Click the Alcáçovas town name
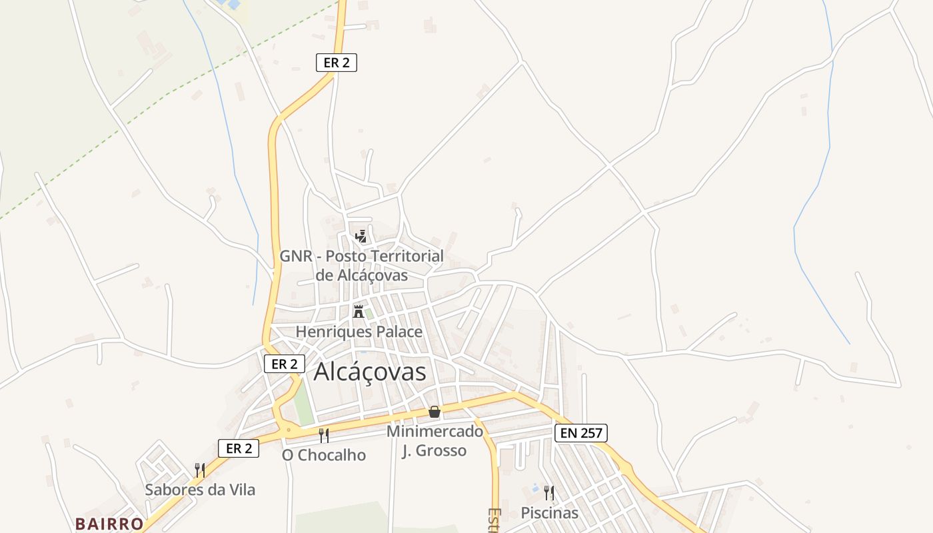[x=370, y=372]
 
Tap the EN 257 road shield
[x=581, y=433]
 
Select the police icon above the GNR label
[x=361, y=236]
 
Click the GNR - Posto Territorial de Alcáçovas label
[x=361, y=265]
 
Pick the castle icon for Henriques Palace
[x=359, y=311]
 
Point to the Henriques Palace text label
[x=359, y=331]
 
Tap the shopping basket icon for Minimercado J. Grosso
[x=435, y=412]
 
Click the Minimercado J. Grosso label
[x=435, y=440]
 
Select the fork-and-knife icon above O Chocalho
[x=324, y=436]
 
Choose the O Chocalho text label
[x=324, y=455]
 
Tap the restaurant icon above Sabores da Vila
[x=199, y=470]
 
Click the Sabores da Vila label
[x=200, y=490]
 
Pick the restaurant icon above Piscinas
[x=549, y=493]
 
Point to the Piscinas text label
[x=549, y=513]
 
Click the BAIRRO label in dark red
[x=109, y=524]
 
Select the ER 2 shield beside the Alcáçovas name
[x=285, y=364]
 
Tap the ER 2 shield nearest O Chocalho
[x=239, y=448]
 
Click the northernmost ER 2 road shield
[x=337, y=63]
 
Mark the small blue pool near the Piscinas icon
[x=535, y=489]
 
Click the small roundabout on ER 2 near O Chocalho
[x=289, y=430]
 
